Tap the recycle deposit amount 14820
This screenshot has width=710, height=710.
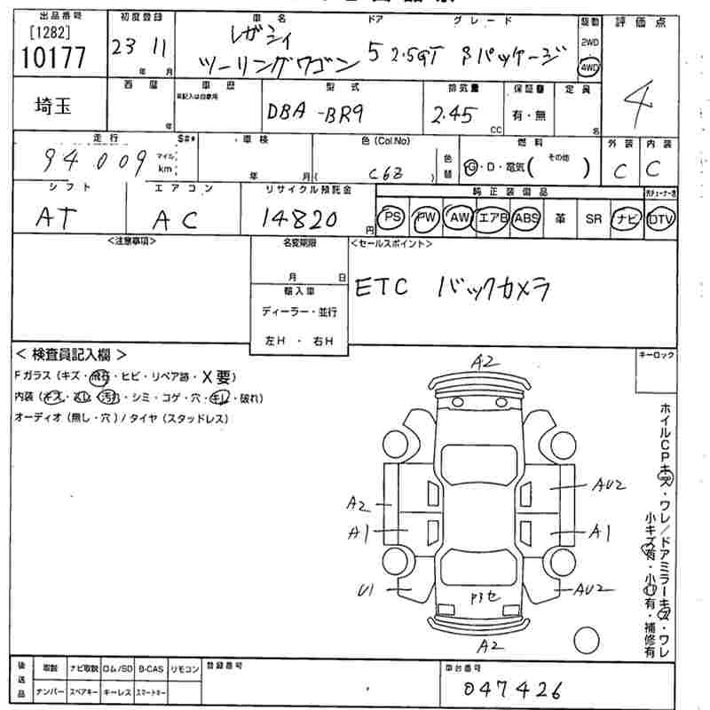point(301,218)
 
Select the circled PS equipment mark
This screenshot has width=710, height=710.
point(391,218)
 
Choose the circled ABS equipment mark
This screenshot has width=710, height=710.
point(526,218)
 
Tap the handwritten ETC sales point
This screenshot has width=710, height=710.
point(382,289)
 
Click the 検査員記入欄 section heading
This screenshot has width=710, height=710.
point(71,353)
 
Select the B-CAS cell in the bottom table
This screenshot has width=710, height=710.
point(151,667)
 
